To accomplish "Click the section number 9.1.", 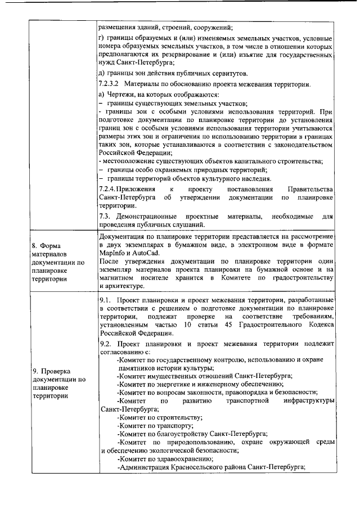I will [x=105, y=301].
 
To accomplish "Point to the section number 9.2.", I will [x=105, y=343].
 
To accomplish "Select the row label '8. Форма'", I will [x=48, y=246].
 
